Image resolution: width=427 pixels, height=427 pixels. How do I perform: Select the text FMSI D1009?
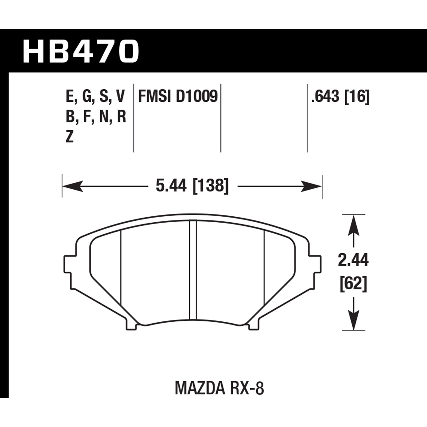(x=178, y=97)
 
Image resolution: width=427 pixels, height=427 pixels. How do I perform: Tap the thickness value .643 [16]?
(x=340, y=97)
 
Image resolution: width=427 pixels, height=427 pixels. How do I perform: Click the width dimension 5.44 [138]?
(x=192, y=187)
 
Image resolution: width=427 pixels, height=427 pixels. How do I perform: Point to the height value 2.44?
(x=353, y=260)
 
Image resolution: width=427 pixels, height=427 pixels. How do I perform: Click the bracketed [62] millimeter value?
(x=353, y=284)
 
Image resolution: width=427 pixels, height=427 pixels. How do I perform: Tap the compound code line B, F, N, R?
(x=96, y=117)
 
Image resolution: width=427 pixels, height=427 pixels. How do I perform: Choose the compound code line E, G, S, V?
(x=96, y=97)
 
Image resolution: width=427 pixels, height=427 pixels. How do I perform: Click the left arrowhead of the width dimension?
(x=71, y=187)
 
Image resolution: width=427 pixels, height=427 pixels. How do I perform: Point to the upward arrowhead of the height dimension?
(x=353, y=225)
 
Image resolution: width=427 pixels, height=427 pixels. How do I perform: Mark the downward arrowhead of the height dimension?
(x=353, y=320)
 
